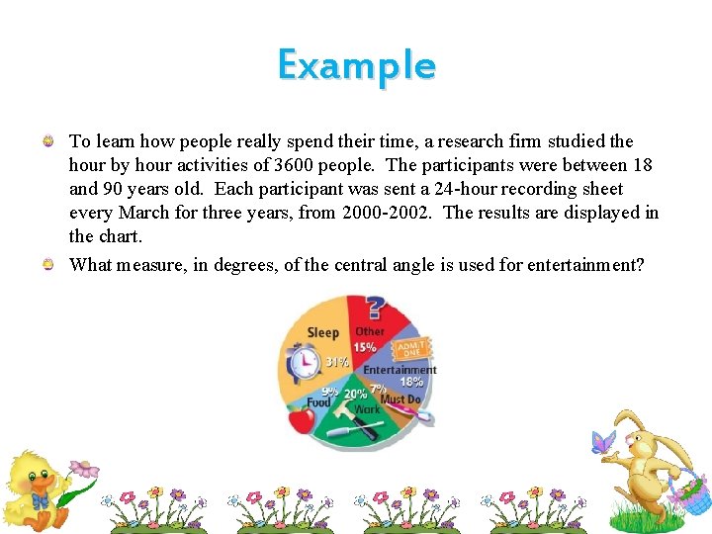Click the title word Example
356,65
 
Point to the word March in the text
145,213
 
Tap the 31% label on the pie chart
337,362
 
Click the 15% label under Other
365,347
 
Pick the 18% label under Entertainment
411,382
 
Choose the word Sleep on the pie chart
323,333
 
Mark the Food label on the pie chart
318,402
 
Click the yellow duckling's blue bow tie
40,501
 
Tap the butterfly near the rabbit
602,442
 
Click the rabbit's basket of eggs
688,491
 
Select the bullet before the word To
47,142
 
